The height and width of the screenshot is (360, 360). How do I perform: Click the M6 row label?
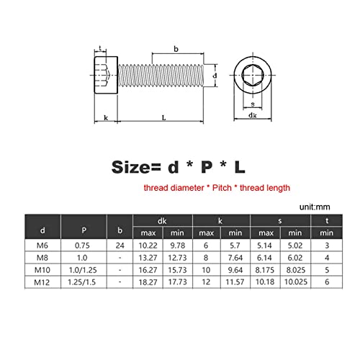point(42,246)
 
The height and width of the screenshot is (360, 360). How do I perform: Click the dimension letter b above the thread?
point(176,50)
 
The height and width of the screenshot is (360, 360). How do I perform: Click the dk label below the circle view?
point(253,115)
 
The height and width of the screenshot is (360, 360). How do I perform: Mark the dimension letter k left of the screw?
point(106,117)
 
